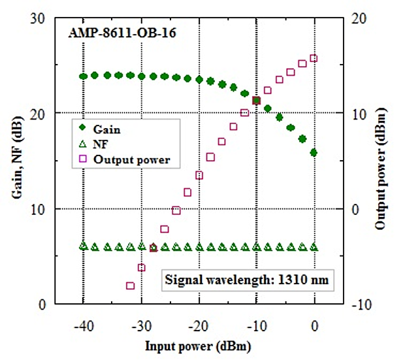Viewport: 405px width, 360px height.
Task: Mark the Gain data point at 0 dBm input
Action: pos(314,152)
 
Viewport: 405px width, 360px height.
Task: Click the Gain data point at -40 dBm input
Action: pos(83,76)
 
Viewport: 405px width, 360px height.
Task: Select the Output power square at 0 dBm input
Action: pos(314,58)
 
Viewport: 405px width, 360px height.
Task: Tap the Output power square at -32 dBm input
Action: pos(130,286)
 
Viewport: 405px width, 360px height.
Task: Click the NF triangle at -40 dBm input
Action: pos(83,246)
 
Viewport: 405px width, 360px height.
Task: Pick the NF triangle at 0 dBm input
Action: pos(314,247)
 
